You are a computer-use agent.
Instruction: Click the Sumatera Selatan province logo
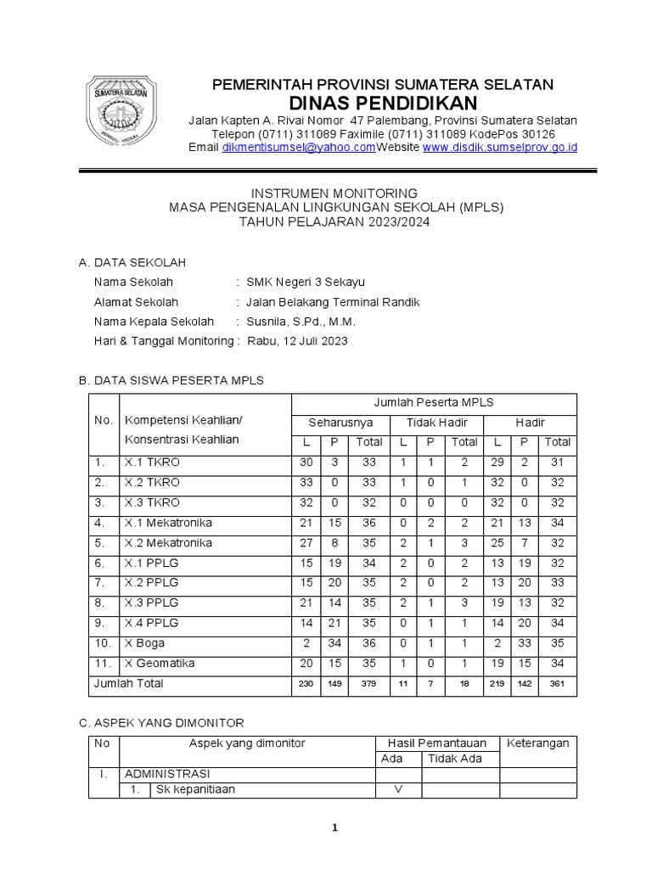[126, 113]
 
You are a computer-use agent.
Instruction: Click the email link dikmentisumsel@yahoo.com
[298, 147]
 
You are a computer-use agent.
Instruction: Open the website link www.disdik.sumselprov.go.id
[500, 147]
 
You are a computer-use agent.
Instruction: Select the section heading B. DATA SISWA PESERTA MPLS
[171, 380]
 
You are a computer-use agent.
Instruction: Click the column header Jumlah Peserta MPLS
[434, 402]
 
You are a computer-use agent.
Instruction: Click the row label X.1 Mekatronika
[168, 523]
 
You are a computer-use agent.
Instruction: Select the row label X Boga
[145, 643]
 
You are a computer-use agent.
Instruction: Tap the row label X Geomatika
[160, 664]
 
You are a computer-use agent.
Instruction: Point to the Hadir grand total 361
[557, 684]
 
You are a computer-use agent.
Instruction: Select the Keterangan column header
[537, 743]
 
